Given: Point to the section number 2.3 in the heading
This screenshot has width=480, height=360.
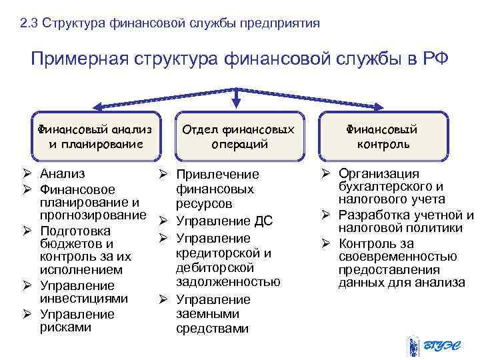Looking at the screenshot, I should click(28, 24).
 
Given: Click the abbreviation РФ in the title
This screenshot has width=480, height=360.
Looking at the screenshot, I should click(435, 59).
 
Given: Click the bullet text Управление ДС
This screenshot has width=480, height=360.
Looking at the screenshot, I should click(223, 221).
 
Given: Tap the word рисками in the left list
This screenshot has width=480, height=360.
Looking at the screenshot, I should click(66, 327).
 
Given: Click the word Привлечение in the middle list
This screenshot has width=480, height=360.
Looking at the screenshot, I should click(217, 175).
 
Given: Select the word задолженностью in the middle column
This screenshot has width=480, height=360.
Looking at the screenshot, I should click(228, 281).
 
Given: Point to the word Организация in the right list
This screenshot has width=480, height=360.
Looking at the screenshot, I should click(379, 173).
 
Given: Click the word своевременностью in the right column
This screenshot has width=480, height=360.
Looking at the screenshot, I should click(397, 257).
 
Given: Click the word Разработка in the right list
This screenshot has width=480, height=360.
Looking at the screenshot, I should click(373, 215).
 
